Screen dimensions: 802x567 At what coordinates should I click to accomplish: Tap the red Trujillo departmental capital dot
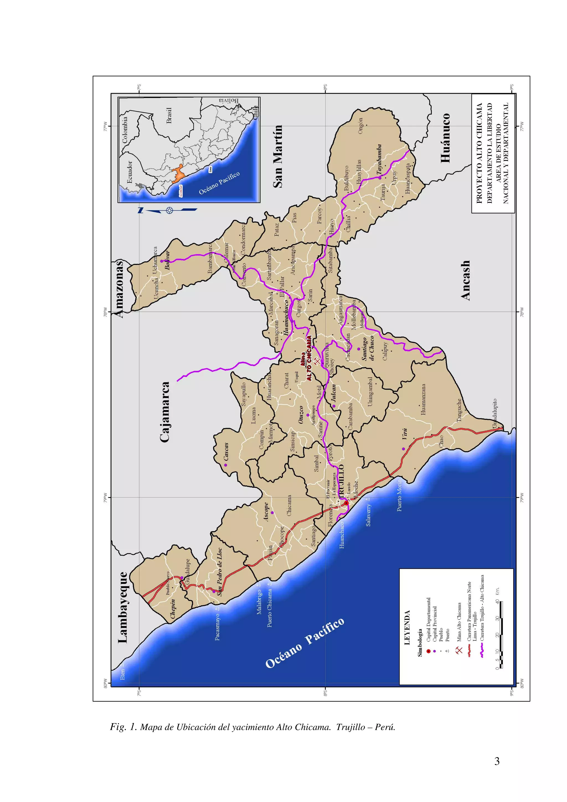(346, 503)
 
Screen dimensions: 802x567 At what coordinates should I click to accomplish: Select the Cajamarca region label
(165, 412)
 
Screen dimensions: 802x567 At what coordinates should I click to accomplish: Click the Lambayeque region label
(123, 607)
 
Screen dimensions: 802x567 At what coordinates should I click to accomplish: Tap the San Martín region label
(278, 156)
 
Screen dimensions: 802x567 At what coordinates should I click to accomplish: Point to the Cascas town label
(226, 451)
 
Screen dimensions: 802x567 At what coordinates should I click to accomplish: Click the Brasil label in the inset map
(169, 116)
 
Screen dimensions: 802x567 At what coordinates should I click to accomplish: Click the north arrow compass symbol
(169, 210)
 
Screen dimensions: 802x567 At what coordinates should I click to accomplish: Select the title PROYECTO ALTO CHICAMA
(479, 153)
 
